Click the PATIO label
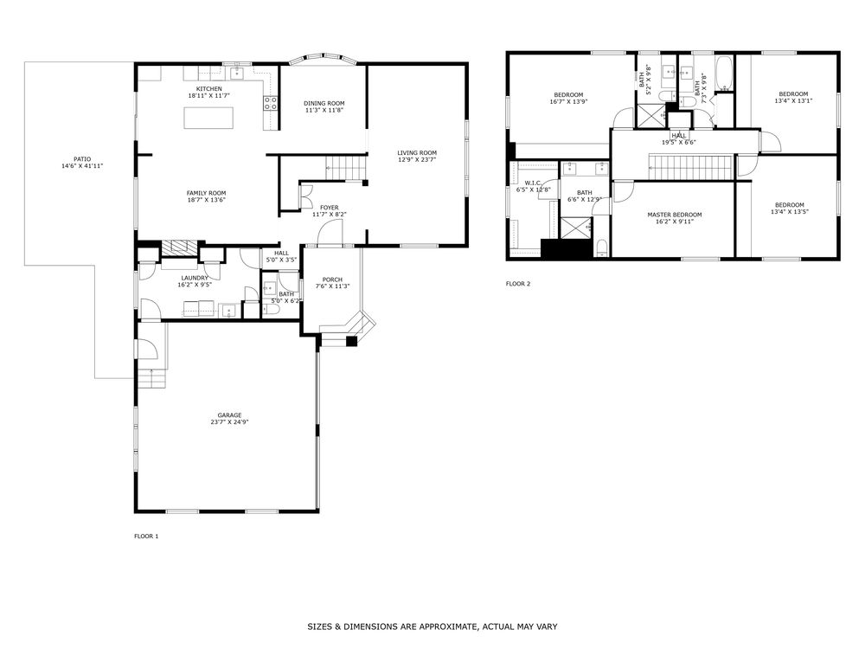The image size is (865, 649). pos(82,159)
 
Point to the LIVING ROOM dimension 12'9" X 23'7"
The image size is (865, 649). pos(417,160)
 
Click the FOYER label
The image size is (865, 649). pos(329,208)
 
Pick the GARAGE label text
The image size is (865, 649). pos(229,415)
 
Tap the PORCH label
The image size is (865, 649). pos(332,280)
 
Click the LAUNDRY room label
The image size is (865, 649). pos(195,278)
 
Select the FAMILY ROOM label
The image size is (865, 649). pos(206,193)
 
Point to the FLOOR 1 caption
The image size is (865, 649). pos(146,537)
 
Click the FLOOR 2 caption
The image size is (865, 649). pos(518,284)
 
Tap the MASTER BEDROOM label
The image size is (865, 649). pos(675,215)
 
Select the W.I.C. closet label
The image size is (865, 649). pos(533,183)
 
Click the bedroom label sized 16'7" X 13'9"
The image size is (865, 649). pos(567,94)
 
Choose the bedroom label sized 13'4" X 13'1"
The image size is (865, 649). pos(793,93)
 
